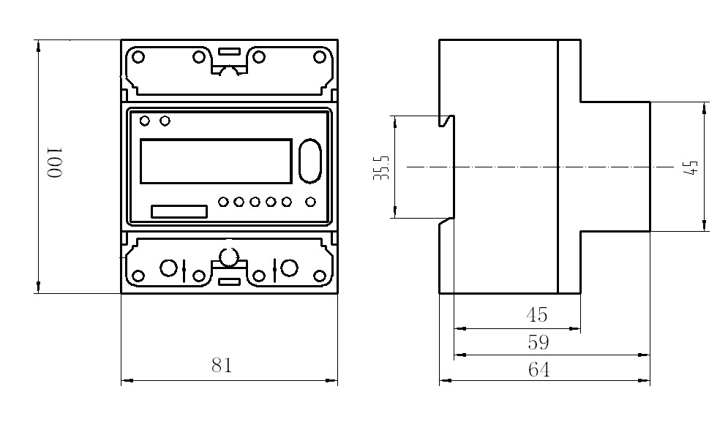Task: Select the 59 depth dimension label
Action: [538, 342]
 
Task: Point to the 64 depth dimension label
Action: [539, 370]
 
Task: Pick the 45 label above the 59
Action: [537, 315]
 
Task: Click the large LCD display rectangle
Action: [215, 161]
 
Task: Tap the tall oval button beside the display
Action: [309, 161]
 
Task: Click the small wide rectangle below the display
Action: [179, 212]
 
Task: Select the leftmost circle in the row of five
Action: [224, 201]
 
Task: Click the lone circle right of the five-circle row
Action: [310, 201]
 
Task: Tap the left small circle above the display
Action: [145, 120]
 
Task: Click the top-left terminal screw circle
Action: [138, 56]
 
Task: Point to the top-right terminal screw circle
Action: [320, 56]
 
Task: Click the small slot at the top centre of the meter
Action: [230, 52]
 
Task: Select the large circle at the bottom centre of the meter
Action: [230, 257]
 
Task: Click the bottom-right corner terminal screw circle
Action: [320, 276]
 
